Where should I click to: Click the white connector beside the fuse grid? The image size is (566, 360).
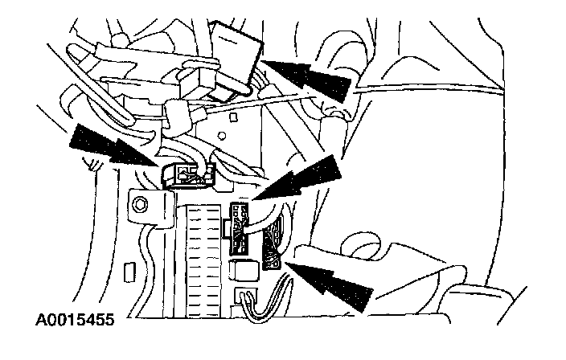tap(240, 224)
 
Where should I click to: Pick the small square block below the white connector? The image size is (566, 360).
tap(239, 270)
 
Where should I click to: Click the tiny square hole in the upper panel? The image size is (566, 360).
tap(232, 117)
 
